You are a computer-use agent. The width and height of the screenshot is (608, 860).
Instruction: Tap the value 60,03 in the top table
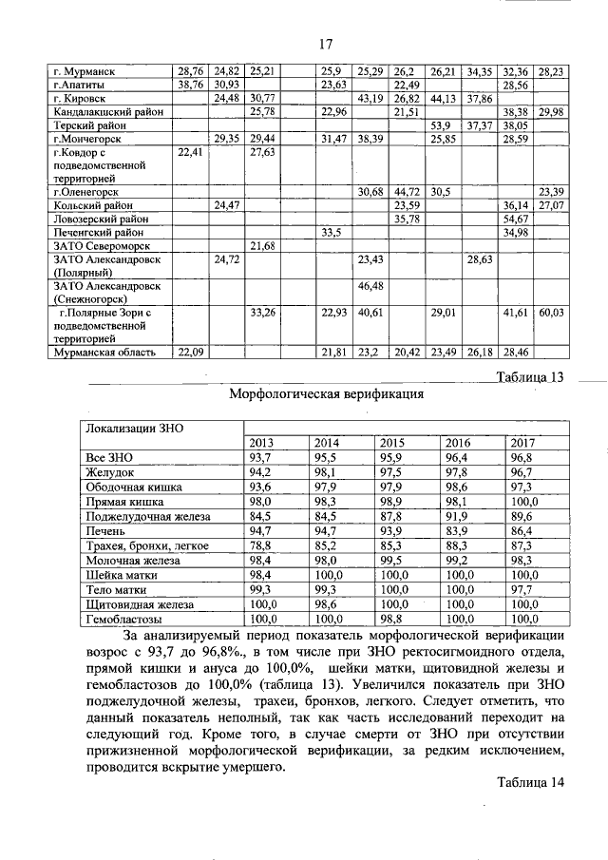coord(550,312)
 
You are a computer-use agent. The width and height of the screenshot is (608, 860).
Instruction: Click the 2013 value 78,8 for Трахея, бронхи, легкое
coord(261,546)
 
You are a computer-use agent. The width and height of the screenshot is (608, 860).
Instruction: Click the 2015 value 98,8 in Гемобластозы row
coord(392,619)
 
